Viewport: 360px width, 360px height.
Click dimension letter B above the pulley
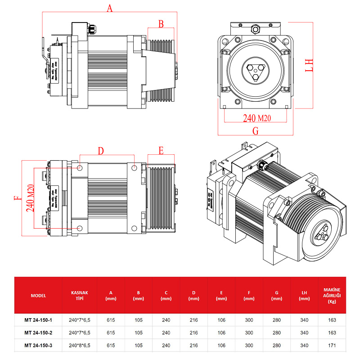(161, 24)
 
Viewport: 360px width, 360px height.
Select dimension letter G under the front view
(255, 131)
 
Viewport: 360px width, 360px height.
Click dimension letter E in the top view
(161, 150)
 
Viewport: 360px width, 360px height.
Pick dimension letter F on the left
(18, 197)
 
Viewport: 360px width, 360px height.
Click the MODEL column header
(38, 296)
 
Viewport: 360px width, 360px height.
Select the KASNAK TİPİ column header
(79, 295)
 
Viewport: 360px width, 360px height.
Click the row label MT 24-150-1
(38, 320)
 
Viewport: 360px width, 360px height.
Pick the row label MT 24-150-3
(38, 345)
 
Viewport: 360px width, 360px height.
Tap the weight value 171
(333, 345)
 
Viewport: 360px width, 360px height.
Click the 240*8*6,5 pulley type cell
(80, 345)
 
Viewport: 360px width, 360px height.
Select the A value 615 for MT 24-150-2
(111, 333)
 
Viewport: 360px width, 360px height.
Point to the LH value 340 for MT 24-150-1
(304, 320)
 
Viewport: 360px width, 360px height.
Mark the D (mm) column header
(193, 296)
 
